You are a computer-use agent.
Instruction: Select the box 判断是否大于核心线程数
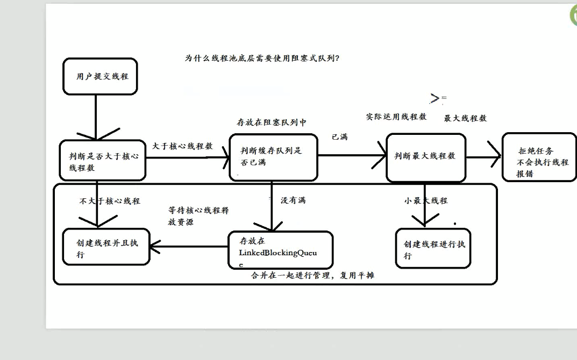click(x=102, y=161)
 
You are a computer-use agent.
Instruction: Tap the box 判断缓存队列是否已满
click(x=273, y=156)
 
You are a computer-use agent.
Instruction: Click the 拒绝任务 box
click(x=539, y=157)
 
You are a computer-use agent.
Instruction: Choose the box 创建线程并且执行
click(x=106, y=247)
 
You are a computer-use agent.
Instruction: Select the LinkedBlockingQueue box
click(x=280, y=250)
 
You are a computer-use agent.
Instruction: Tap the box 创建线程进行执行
click(x=433, y=248)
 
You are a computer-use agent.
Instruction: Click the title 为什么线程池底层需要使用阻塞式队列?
click(x=262, y=58)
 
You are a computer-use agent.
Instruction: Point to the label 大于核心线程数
click(x=182, y=146)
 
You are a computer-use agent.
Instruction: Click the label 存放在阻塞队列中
click(x=272, y=123)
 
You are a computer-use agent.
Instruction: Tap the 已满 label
click(x=339, y=136)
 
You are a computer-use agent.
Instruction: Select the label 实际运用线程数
click(x=396, y=116)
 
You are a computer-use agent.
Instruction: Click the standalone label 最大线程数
click(x=465, y=118)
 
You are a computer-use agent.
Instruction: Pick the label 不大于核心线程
click(x=110, y=201)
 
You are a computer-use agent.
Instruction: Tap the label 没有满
click(x=293, y=200)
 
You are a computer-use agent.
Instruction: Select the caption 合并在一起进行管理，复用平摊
click(x=312, y=276)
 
